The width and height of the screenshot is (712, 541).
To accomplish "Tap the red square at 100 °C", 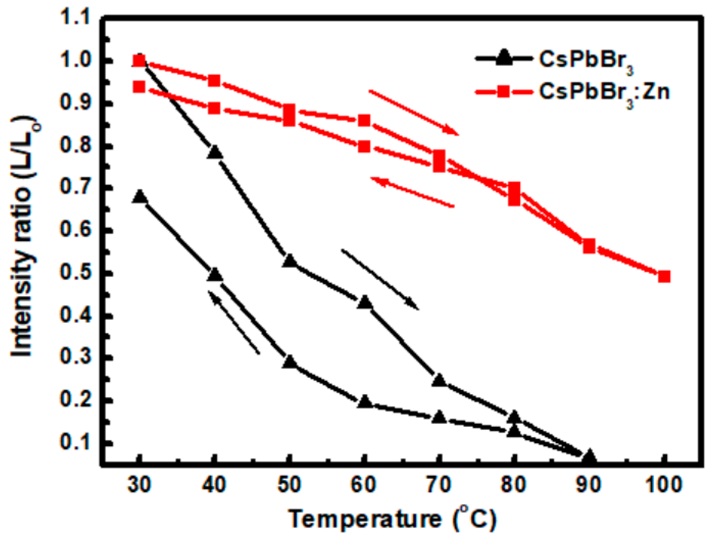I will point(664,277).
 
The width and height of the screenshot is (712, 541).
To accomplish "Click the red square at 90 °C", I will point(589,246).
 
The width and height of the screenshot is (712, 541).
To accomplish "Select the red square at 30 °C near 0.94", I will point(139,87).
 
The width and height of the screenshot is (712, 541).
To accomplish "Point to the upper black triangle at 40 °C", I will point(215,152).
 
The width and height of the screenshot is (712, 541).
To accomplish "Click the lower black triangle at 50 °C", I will point(290,362).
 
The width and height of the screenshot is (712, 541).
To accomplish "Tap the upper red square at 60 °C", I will point(364,121).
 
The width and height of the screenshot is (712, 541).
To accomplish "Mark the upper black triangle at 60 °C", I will point(365,302).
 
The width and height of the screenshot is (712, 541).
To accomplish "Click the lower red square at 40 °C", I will point(214,108).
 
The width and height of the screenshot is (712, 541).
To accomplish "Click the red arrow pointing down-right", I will point(413,112).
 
